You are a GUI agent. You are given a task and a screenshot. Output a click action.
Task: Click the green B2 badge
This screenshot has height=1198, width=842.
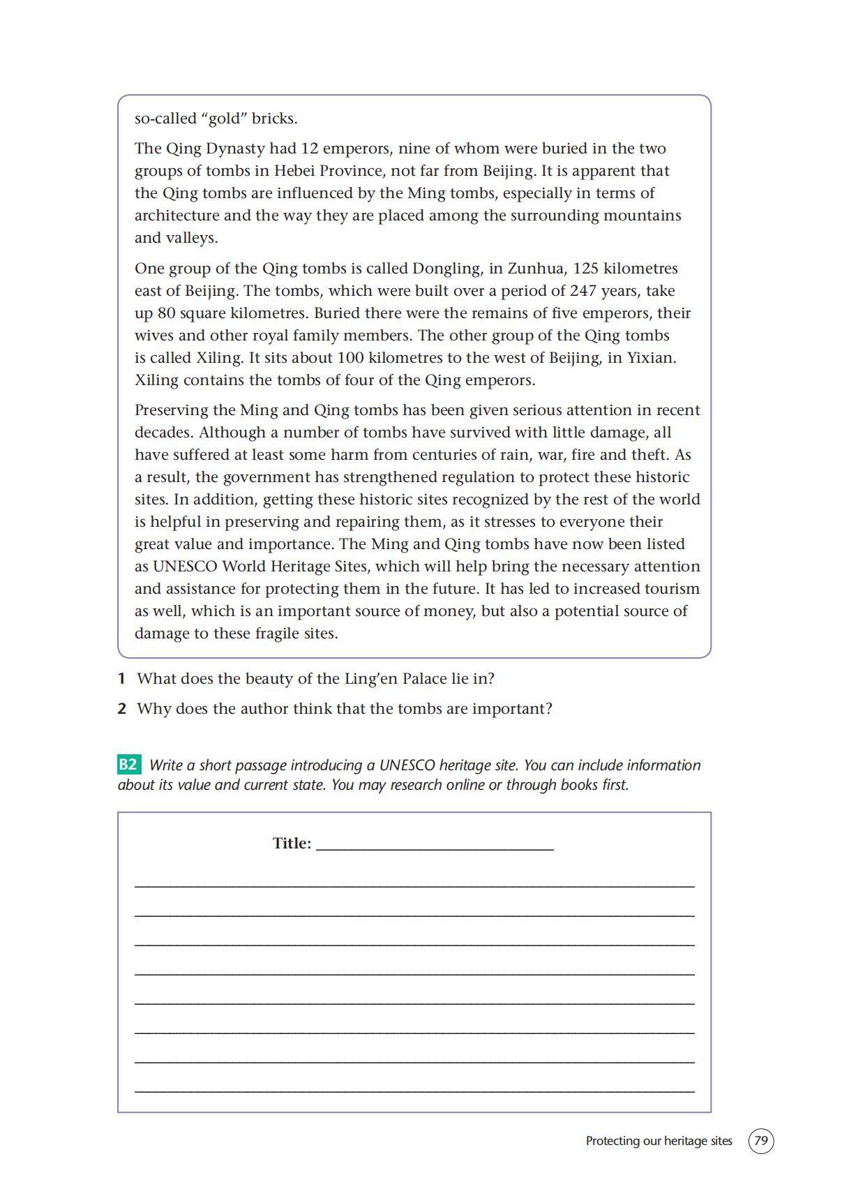[x=128, y=765]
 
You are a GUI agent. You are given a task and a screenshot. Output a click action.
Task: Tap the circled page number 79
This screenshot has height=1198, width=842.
[x=761, y=1141]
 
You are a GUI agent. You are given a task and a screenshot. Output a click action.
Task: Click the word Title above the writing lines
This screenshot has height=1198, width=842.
[x=291, y=844]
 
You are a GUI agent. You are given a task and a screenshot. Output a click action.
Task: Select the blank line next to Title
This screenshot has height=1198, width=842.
[x=435, y=847]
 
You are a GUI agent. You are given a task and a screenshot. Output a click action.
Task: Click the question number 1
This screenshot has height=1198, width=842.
[x=121, y=678]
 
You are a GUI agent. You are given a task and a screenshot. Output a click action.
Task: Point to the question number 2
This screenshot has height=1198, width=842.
[x=121, y=709]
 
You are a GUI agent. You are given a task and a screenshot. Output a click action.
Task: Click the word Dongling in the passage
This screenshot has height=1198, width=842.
[x=446, y=269]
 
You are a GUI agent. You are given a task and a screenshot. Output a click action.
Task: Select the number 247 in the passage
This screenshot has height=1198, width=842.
[x=584, y=291]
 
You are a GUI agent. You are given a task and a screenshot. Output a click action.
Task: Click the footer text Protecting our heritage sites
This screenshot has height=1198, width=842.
[x=659, y=1141]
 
